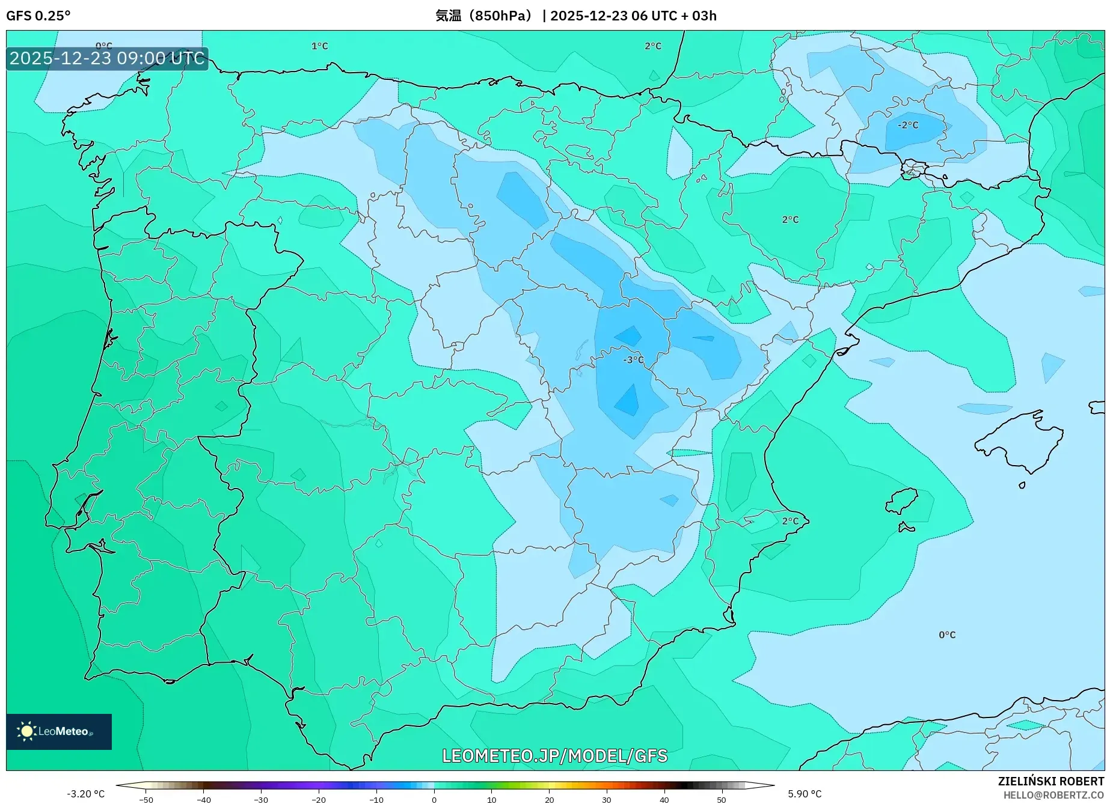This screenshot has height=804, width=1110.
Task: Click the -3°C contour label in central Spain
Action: coord(633,360)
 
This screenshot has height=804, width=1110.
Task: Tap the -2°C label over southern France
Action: coord(908,125)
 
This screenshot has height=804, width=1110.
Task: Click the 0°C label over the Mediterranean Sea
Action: coord(946,635)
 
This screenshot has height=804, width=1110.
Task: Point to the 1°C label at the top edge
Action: coord(319,46)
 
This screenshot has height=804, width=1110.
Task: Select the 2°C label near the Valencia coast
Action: coord(790,521)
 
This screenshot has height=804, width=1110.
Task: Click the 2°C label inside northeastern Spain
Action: coord(790,220)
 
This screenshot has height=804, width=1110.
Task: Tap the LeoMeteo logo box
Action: coord(59,731)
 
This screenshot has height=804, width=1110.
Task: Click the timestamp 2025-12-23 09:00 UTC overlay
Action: coord(107,58)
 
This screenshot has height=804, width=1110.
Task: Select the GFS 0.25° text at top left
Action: coord(38,16)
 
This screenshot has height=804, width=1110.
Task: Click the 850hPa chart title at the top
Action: coord(575,16)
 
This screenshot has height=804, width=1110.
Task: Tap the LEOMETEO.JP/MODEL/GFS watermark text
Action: coord(554,756)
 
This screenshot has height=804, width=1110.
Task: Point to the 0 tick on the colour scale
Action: coord(434,799)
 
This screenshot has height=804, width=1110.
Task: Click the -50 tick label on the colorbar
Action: coord(146,800)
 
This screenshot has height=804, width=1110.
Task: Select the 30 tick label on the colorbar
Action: coord(606,800)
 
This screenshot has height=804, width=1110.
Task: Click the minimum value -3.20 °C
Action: coord(85,794)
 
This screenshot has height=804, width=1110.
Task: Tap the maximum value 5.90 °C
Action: coord(805,794)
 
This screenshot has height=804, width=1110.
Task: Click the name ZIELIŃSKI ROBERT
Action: coord(1050,782)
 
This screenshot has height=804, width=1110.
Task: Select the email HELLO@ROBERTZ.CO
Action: coord(1053,795)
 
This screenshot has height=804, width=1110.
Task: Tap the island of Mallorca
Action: coord(1019,442)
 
